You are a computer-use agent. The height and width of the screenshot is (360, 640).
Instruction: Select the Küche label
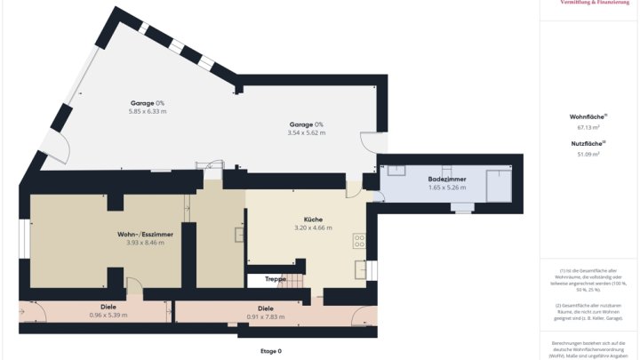(312, 219)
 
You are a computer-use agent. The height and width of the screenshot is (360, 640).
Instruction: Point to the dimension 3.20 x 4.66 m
(312, 228)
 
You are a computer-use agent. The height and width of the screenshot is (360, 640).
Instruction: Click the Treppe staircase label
(275, 279)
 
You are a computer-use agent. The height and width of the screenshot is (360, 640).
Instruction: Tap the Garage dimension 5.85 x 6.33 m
(148, 111)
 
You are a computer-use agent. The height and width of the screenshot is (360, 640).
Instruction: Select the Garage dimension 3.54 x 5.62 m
(307, 132)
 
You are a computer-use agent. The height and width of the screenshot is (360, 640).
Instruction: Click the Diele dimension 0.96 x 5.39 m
(108, 315)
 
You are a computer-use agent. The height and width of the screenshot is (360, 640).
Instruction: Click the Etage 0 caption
(270, 351)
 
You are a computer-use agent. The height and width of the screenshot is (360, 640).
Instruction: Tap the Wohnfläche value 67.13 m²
(588, 127)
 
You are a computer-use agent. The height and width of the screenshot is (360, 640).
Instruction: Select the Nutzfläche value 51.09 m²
(588, 154)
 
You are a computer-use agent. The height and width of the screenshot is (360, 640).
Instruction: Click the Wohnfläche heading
(588, 116)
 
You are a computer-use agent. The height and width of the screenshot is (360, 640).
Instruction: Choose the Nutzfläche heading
(588, 143)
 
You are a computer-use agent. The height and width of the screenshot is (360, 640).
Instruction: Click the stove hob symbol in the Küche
(360, 239)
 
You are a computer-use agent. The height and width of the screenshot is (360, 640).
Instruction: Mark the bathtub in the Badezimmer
(499, 186)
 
